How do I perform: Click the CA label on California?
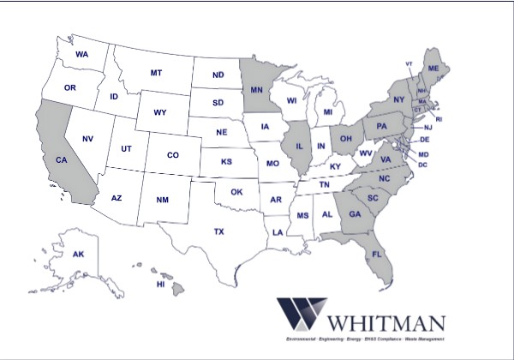(61, 160)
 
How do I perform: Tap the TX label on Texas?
(218, 231)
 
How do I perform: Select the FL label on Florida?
(376, 255)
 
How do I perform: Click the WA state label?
(82, 55)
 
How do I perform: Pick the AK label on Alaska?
(78, 255)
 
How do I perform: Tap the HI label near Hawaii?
(159, 284)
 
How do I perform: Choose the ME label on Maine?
(433, 68)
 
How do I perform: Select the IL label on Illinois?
(299, 146)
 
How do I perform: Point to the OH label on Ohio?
(346, 137)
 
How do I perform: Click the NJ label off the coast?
(427, 128)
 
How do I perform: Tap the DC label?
(422, 165)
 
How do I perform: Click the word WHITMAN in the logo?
(385, 324)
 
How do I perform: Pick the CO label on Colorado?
(172, 155)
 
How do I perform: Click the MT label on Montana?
(156, 73)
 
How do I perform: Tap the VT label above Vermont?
(409, 64)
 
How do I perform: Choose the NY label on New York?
(398, 100)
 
